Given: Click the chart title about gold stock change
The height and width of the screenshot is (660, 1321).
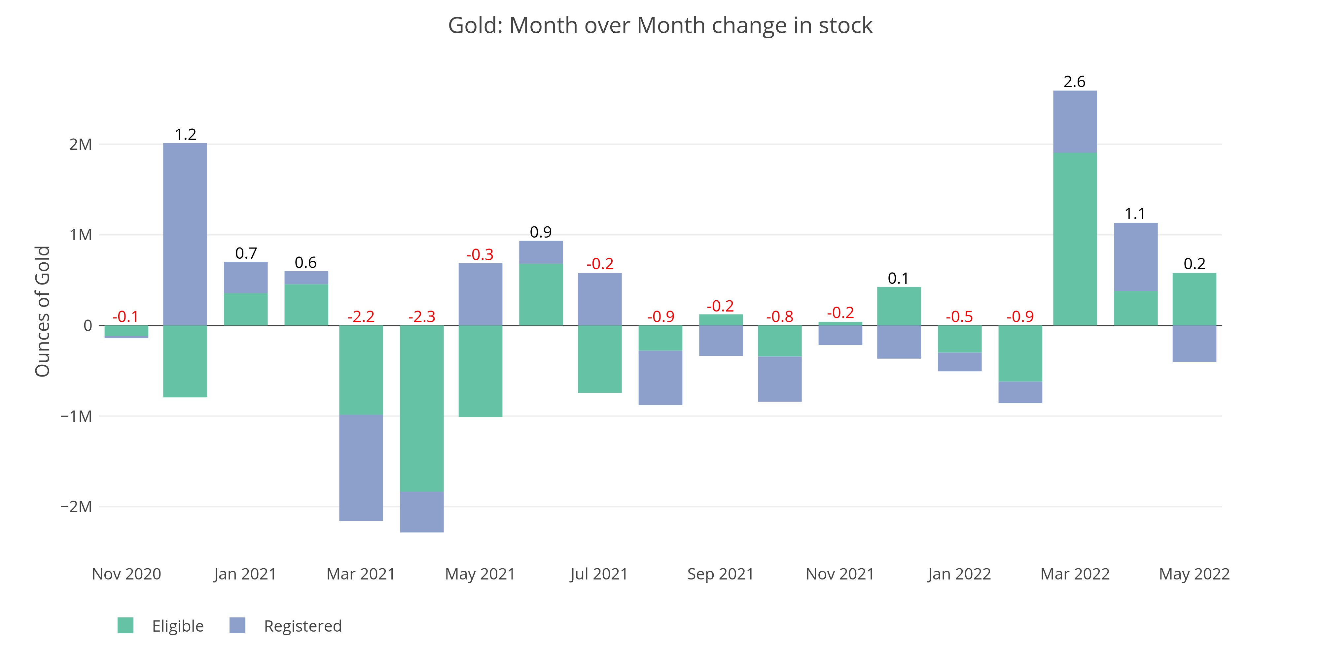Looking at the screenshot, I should tap(660, 25).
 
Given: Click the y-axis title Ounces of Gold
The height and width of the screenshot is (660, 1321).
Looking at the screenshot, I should tap(43, 311).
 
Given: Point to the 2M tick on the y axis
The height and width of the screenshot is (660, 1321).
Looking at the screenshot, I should tap(81, 145).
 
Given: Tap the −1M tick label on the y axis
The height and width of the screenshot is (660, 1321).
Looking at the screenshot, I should tap(76, 416).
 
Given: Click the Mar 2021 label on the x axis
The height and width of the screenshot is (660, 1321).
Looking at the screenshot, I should tap(361, 574).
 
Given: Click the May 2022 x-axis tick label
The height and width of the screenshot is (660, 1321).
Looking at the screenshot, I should tap(1194, 574).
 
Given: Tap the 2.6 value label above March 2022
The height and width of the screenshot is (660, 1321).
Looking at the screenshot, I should tap(1074, 82).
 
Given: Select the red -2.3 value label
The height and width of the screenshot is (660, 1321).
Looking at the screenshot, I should tap(421, 317).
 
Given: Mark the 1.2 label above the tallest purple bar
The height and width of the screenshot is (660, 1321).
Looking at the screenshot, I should tap(185, 135).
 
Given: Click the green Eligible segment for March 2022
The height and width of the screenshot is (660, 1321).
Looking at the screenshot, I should tap(1075, 239).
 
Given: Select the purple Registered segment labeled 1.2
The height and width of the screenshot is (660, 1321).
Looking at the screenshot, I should tap(185, 234).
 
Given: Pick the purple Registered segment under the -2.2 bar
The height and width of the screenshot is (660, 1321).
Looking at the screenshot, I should tap(361, 468).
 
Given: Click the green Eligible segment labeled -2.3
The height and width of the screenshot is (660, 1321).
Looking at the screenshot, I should tap(421, 409).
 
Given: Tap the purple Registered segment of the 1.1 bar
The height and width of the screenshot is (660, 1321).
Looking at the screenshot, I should tap(1135, 257).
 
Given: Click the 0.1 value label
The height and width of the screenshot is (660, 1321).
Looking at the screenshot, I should tap(898, 279).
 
